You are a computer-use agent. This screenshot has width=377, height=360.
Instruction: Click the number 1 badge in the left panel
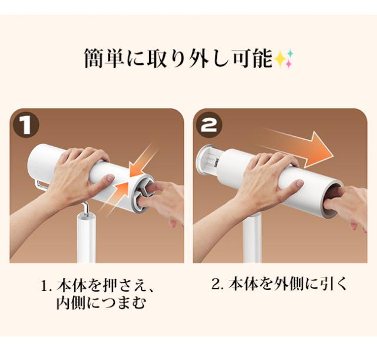pyautogui.click(x=26, y=125)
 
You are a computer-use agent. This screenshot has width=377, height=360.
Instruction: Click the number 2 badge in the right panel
pyautogui.click(x=209, y=125)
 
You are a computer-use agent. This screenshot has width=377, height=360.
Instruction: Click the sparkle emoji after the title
pyautogui.click(x=285, y=59)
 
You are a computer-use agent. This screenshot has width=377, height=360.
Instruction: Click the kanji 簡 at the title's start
pyautogui.click(x=94, y=58)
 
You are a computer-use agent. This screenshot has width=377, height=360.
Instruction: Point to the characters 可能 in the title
pyautogui.click(x=252, y=58)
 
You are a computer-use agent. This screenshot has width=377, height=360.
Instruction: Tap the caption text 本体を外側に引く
pyautogui.click(x=287, y=284)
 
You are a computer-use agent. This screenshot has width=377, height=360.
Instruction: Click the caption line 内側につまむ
pyautogui.click(x=101, y=303)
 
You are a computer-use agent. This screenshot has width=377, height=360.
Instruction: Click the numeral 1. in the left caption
pyautogui.click(x=47, y=287)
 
